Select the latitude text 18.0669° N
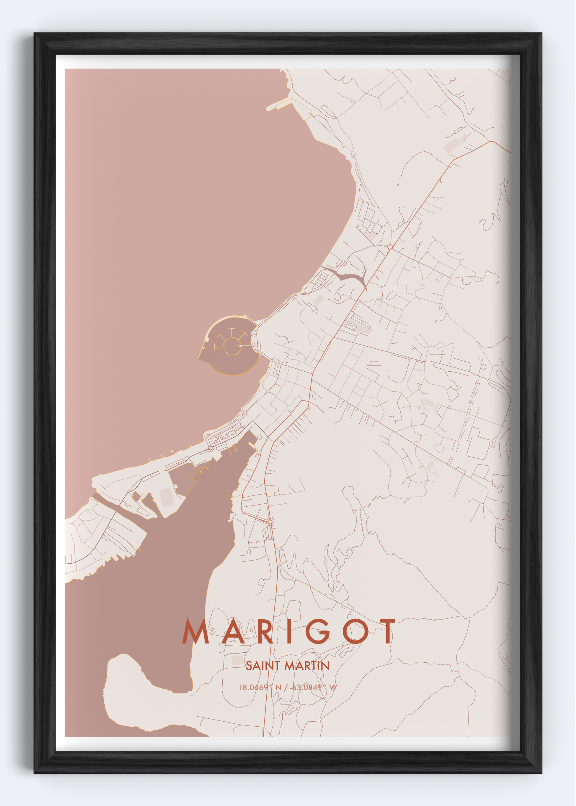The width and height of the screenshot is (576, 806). [260, 688]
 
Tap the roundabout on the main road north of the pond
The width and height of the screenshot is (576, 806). [390, 246]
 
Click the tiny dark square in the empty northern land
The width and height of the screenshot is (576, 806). [398, 185]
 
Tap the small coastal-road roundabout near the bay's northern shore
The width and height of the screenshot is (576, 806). [353, 154]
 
